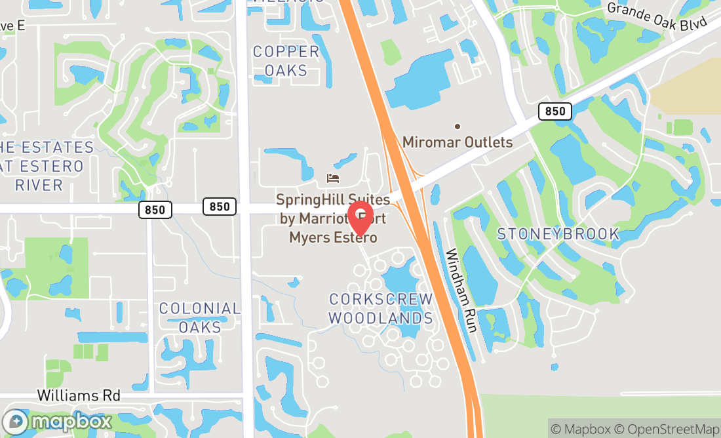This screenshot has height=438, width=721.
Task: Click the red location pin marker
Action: (359, 218)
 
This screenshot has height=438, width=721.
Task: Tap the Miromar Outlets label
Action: (458, 142)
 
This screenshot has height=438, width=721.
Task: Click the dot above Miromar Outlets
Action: (458, 127)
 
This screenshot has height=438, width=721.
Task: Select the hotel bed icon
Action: (333, 178)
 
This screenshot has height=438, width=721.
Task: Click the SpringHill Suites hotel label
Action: (333, 218)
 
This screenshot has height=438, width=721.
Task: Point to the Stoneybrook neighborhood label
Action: (558, 234)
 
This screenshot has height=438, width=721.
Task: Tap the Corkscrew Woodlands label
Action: (381, 309)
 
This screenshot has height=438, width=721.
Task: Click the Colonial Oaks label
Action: (200, 317)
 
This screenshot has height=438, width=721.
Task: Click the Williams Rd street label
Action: (79, 395)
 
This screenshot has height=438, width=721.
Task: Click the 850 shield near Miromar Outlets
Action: (555, 111)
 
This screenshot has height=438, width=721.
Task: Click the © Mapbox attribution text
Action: (580, 429)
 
